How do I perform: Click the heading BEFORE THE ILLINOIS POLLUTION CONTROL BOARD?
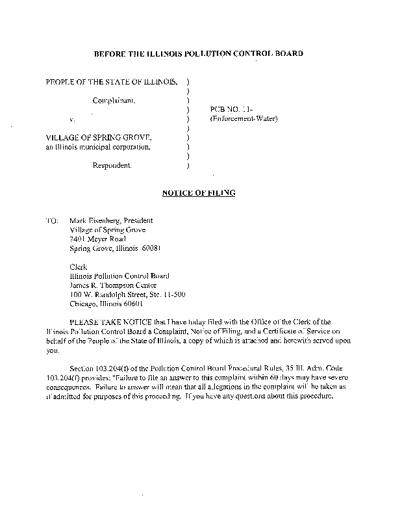tap(198, 53)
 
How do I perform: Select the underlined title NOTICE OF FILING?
tap(198, 193)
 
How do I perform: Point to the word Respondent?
tap(112, 166)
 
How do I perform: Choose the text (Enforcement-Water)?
tap(243, 120)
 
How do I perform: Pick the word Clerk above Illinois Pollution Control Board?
tap(77, 266)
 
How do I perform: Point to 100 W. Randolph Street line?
tap(127, 294)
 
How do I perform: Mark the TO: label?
tap(52, 220)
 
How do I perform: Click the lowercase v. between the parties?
tap(71, 120)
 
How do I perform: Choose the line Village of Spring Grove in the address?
tap(107, 229)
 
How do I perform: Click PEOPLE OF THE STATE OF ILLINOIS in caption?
tap(111, 82)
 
